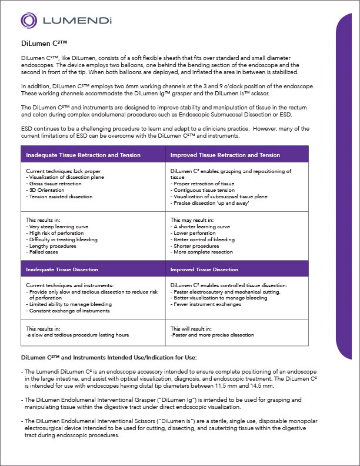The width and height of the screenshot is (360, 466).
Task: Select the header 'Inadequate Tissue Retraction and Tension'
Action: point(83,155)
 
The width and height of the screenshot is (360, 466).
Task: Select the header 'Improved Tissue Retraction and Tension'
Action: point(225,155)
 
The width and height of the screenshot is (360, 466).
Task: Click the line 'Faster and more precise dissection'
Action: point(213,335)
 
